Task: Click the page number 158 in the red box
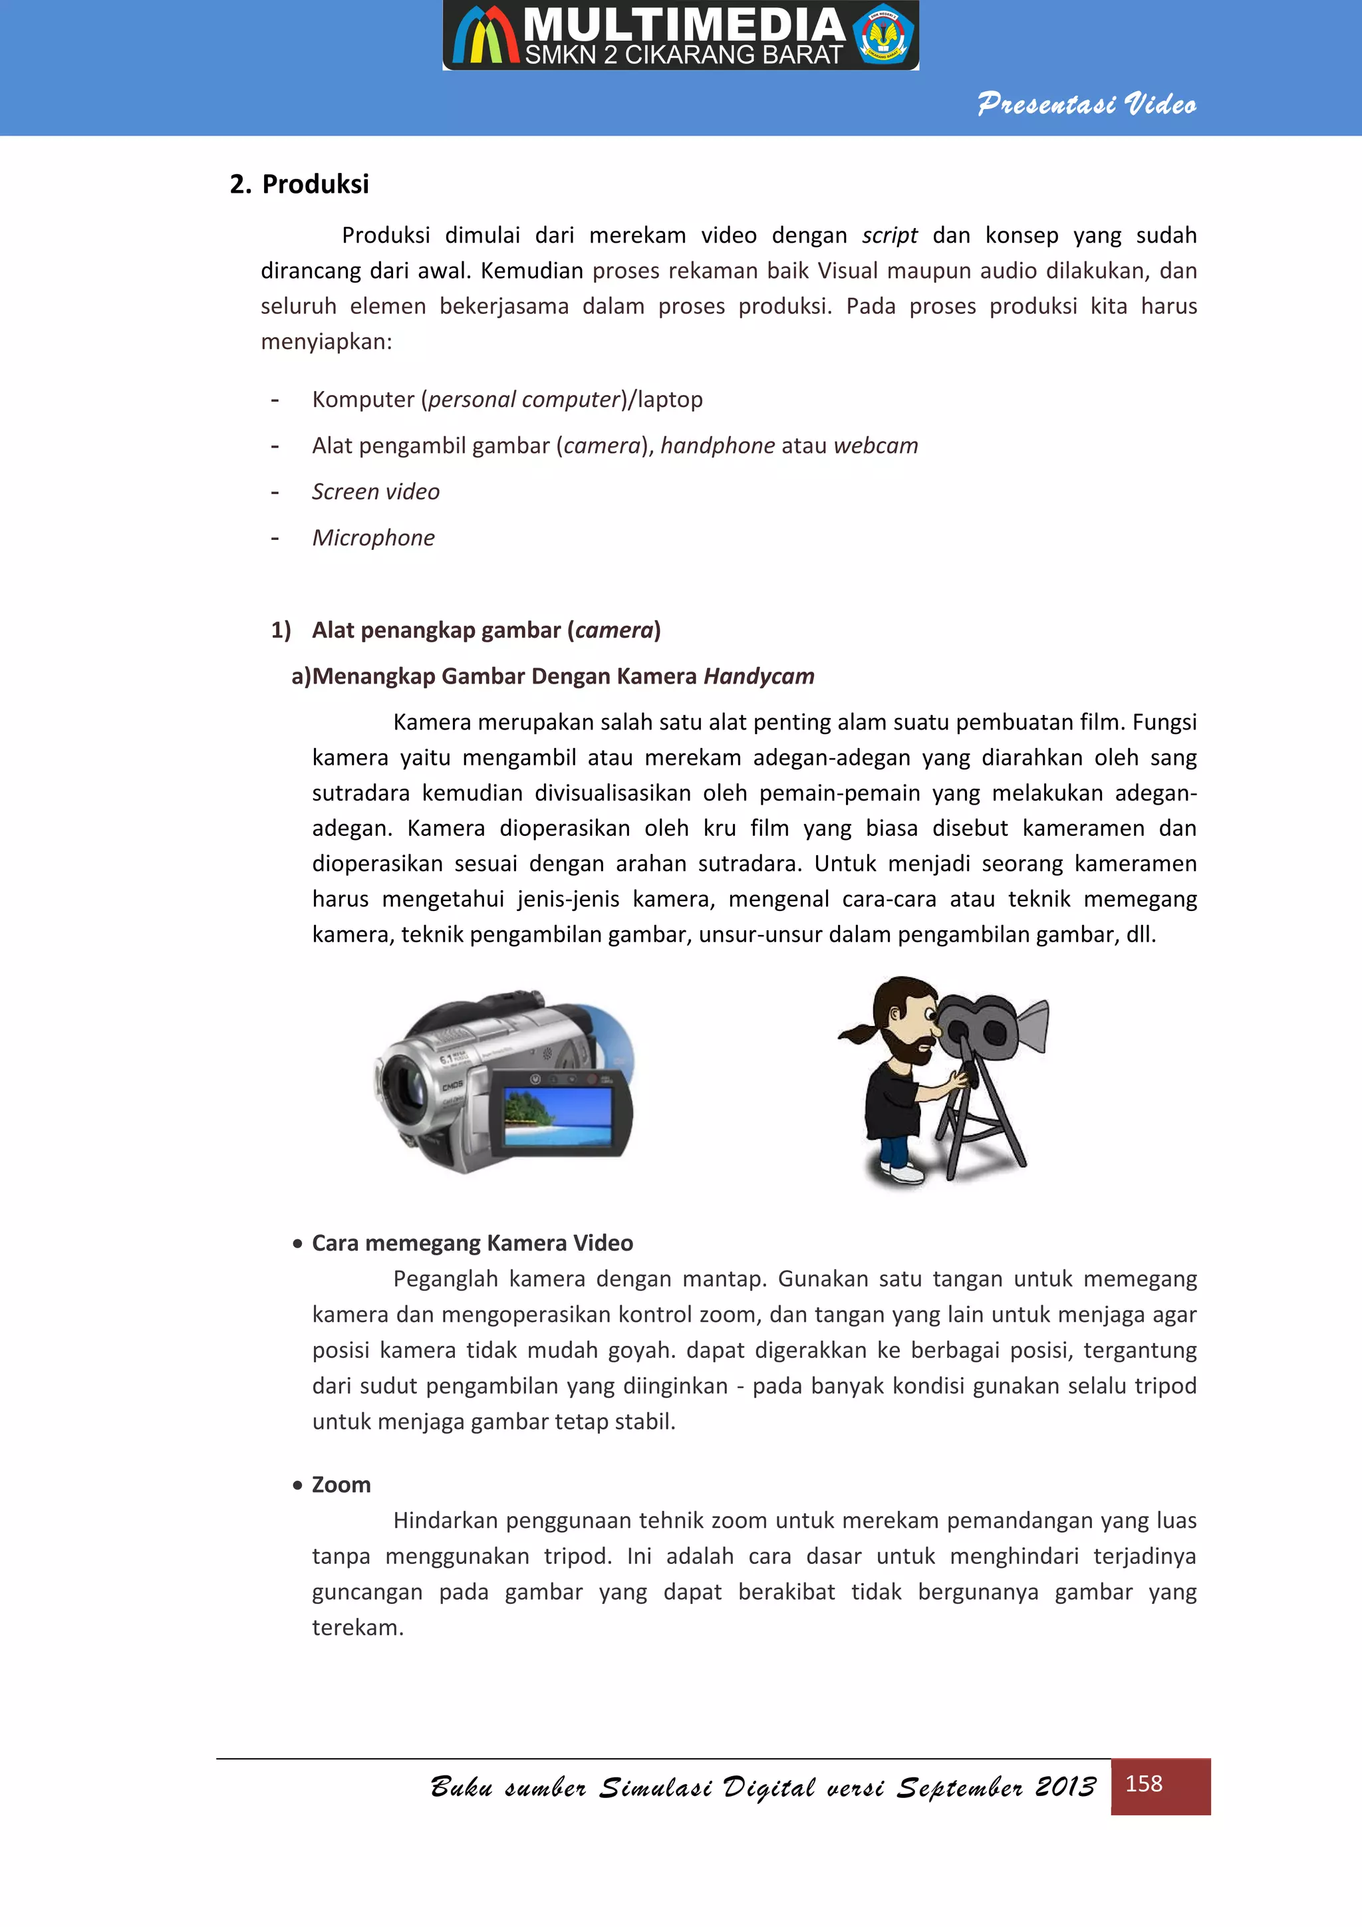pyautogui.click(x=1144, y=1783)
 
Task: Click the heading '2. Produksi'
pyautogui.click(x=299, y=184)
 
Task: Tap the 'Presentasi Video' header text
pyautogui.click(x=1087, y=104)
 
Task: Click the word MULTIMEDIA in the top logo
pyautogui.click(x=684, y=25)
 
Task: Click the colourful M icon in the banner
pyautogui.click(x=484, y=38)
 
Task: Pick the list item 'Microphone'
pyautogui.click(x=374, y=538)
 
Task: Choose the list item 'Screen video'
pyautogui.click(x=376, y=492)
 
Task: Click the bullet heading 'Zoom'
pyautogui.click(x=340, y=1485)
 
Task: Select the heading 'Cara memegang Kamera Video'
pyautogui.click(x=472, y=1243)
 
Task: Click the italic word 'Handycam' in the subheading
pyautogui.click(x=759, y=676)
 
